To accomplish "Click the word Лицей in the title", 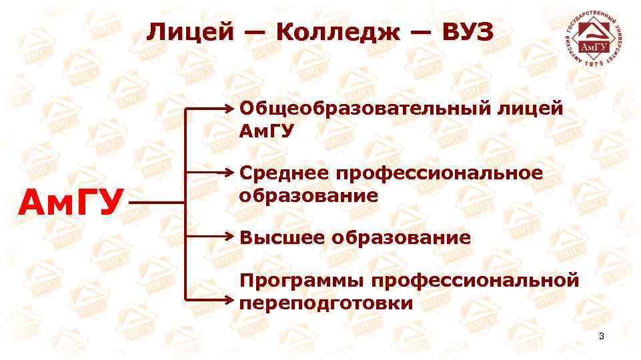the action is click(x=191, y=31).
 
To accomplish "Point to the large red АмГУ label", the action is click(x=72, y=199).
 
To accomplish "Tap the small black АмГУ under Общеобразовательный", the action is click(x=266, y=131).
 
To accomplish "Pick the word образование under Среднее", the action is click(x=308, y=196).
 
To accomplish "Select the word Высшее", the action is click(x=279, y=237).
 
